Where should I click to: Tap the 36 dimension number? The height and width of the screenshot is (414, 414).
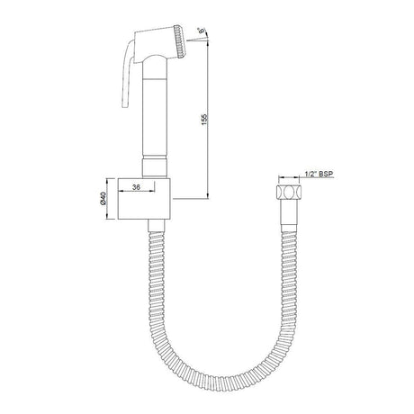[x=135, y=186]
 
